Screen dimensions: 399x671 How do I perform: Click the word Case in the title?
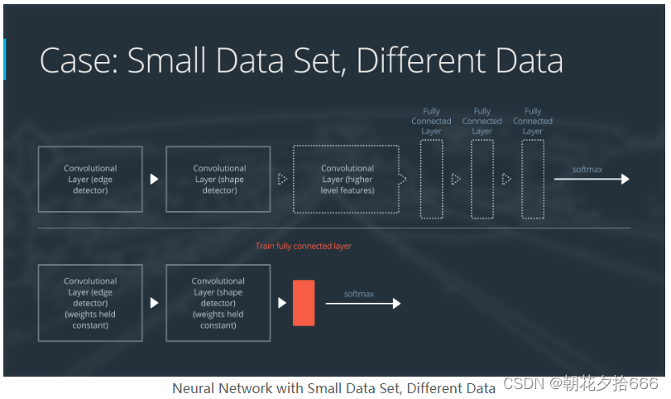pyautogui.click(x=76, y=61)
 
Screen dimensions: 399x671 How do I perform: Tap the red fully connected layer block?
pyautogui.click(x=304, y=303)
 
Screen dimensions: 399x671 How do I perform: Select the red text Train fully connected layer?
pyautogui.click(x=304, y=246)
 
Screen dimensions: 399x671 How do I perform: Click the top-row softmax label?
pyautogui.click(x=587, y=169)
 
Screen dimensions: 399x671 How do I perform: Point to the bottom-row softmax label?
pyautogui.click(x=360, y=293)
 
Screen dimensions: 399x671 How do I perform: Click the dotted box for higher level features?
pyautogui.click(x=347, y=179)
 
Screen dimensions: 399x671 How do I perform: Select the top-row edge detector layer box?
pyautogui.click(x=90, y=179)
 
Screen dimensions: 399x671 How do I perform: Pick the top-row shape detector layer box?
pyautogui.click(x=218, y=179)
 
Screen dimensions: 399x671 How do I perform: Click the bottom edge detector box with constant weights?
pyautogui.click(x=90, y=303)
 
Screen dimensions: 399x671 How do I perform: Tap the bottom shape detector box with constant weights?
pyautogui.click(x=218, y=303)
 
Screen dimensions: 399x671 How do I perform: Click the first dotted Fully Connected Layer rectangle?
pyautogui.click(x=431, y=179)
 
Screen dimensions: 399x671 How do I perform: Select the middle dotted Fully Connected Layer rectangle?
pyautogui.click(x=482, y=179)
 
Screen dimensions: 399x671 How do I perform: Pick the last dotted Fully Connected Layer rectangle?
pyautogui.click(x=533, y=179)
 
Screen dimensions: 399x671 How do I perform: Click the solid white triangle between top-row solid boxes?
pyautogui.click(x=154, y=179)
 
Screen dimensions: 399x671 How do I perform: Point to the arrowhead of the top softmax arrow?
pyautogui.click(x=625, y=179)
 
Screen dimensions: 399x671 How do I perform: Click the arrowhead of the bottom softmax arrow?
pyautogui.click(x=396, y=304)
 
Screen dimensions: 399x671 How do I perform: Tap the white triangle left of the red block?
pyautogui.click(x=282, y=304)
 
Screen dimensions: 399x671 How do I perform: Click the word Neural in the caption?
pyautogui.click(x=192, y=387)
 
